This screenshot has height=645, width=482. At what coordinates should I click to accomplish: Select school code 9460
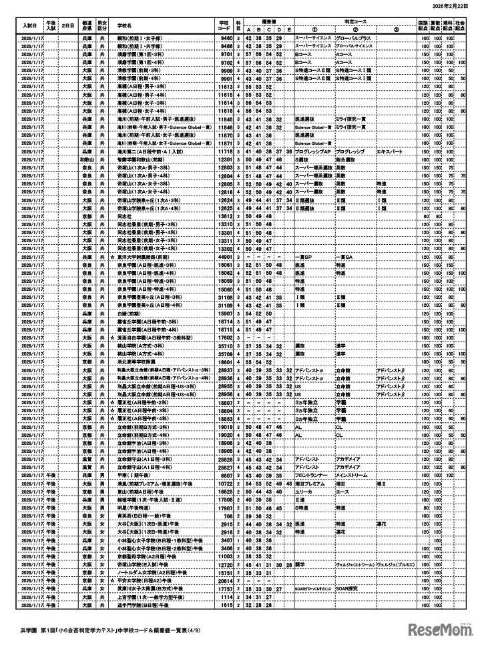(x=226, y=39)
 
